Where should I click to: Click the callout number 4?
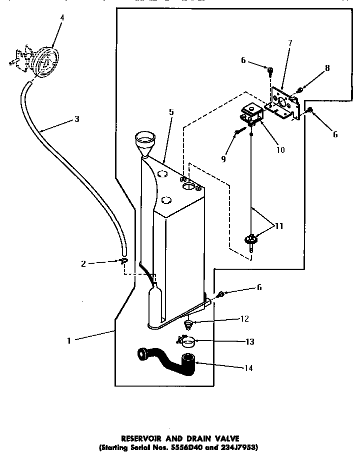coord(62,18)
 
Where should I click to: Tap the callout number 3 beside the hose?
coord(76,119)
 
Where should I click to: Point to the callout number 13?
coord(250,342)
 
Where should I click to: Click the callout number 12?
coord(243,319)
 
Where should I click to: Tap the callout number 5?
coord(171,112)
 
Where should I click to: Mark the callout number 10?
coord(281,150)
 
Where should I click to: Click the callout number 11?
coord(279,226)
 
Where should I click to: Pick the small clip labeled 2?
coord(123,261)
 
